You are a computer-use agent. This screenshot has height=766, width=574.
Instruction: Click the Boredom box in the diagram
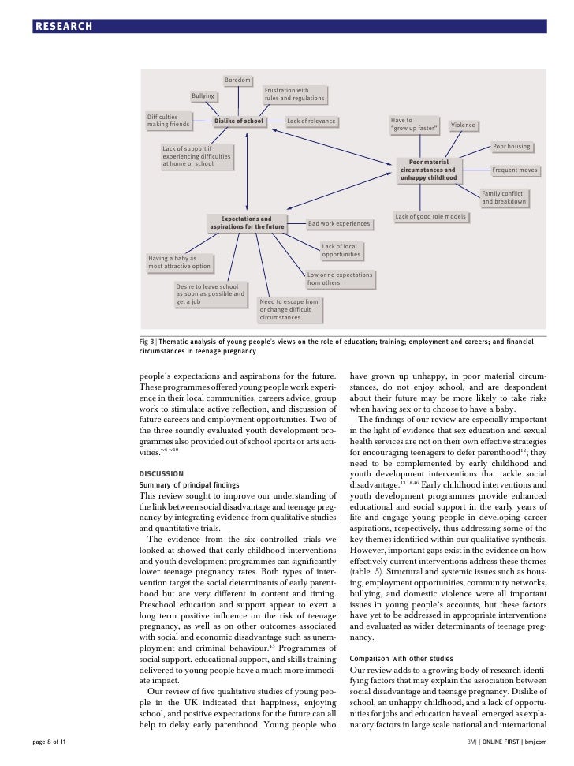coord(237,80)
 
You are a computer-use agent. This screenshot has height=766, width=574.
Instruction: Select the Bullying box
coord(203,96)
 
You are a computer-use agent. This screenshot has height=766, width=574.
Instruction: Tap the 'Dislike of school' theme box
coord(239,121)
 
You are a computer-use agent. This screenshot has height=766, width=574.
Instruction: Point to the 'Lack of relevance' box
coord(311,121)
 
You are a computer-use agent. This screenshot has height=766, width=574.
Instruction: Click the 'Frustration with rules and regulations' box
coord(293,95)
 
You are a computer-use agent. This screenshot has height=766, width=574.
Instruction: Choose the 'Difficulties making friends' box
coord(169,121)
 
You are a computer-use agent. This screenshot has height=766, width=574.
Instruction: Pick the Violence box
coord(463,125)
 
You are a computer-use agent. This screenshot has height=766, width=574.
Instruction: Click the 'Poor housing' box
coord(511,147)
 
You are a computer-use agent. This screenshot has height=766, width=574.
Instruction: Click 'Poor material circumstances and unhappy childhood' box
coord(428,170)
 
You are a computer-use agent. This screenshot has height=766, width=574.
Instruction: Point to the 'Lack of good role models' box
coord(430,216)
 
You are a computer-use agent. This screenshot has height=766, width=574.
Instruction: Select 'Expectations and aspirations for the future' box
coord(246,223)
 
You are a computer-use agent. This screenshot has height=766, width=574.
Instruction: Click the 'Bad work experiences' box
coord(337,224)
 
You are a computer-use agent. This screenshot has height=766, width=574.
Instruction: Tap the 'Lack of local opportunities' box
coord(341,251)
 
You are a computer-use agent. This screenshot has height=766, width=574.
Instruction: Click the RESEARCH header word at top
coord(63,28)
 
